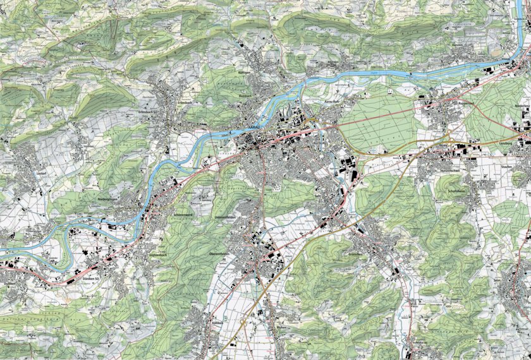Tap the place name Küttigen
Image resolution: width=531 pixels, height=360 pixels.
click(246, 73)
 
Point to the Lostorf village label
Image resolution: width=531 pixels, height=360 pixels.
click(25, 172)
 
